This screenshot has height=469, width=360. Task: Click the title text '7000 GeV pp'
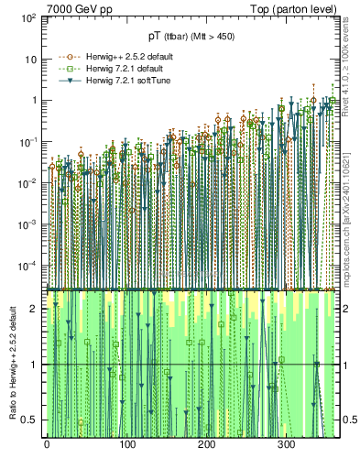80,8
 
